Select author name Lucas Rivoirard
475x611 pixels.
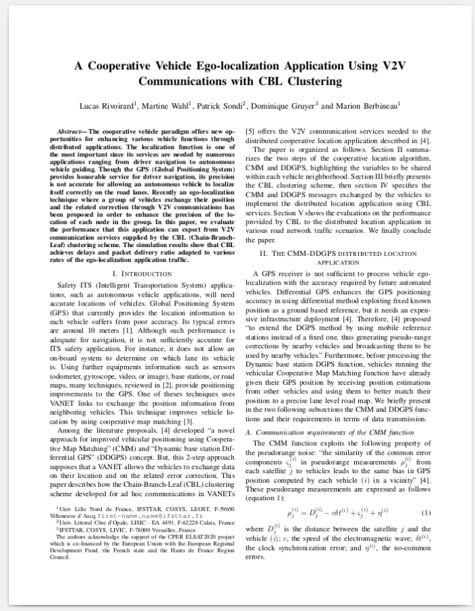click(106, 106)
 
